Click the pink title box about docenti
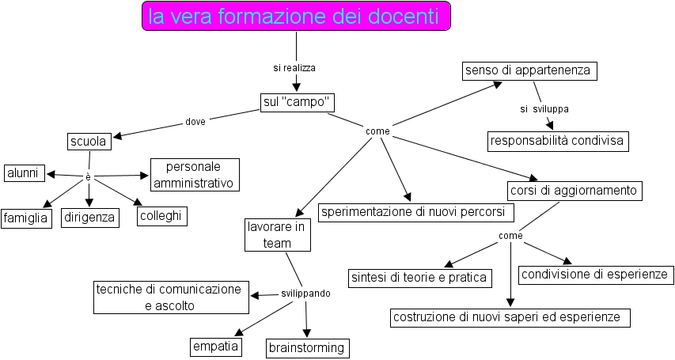pos(296,16)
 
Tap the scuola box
pos(88,142)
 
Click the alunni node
pos(24,173)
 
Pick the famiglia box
pos(26,217)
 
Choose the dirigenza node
pos(89,217)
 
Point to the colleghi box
pos(162,215)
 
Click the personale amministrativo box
pos(194,176)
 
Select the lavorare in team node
pos(277,236)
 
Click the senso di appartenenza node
pos(529,70)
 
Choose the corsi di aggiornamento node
pos(573,191)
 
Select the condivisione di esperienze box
pos(596,275)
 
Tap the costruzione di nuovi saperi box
pos(510,317)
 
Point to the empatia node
pos(216,346)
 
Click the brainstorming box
pos(306,347)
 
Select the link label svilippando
pos(305,293)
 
